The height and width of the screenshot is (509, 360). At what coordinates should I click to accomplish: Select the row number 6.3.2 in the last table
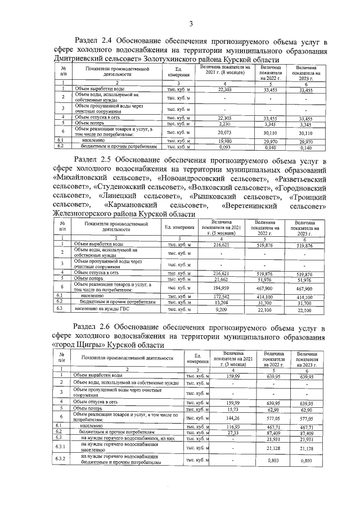point(61,461)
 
